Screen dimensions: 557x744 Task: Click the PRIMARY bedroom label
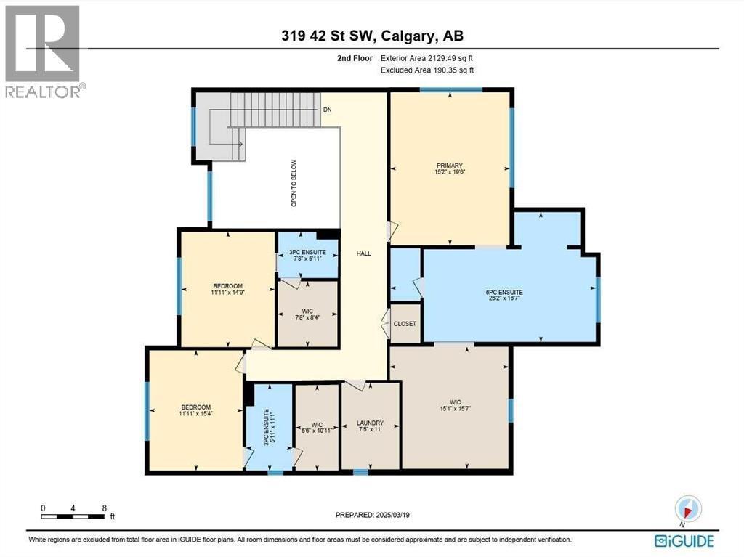point(450,168)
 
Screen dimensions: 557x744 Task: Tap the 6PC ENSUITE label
point(504,296)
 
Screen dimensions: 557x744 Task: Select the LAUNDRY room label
point(370,426)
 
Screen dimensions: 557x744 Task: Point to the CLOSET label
point(405,324)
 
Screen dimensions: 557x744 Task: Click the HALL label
point(363,253)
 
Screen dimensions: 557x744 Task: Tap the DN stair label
point(328,110)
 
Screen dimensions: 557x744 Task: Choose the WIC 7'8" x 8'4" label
point(308,314)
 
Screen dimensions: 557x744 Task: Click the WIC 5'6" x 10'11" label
point(316,427)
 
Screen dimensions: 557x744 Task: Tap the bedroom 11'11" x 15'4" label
point(195,410)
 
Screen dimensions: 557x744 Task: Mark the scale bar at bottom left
point(74,516)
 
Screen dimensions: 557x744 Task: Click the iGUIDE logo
point(684,541)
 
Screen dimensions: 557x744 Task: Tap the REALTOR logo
point(43,51)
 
